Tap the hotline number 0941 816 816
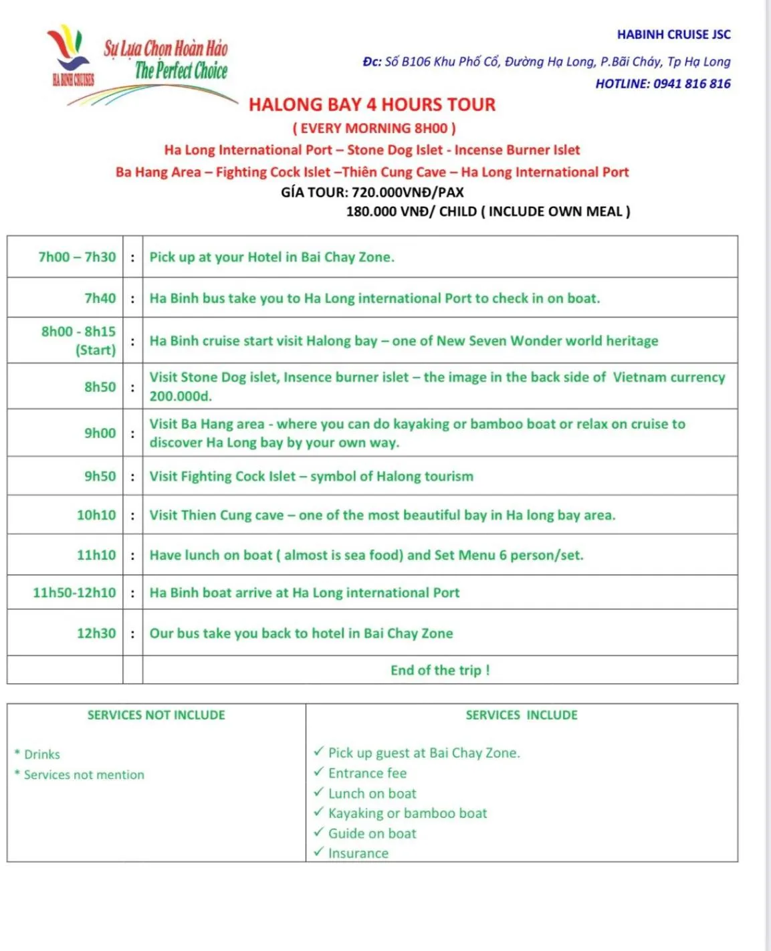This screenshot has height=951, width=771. (691, 84)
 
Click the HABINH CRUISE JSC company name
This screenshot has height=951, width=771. (673, 34)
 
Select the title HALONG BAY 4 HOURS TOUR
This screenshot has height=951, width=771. (372, 105)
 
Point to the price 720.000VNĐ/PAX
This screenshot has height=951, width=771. (407, 193)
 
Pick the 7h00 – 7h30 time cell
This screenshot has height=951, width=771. (77, 257)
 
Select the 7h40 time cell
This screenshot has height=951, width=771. (100, 298)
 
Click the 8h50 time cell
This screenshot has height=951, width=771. (100, 387)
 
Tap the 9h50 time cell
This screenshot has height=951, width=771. (100, 476)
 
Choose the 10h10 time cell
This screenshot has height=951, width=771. (96, 515)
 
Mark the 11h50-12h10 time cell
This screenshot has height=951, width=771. (74, 593)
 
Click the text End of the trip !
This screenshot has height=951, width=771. (440, 670)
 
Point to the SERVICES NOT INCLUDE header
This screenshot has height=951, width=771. (156, 715)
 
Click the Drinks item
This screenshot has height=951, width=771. (41, 754)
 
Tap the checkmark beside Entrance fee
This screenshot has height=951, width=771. (319, 772)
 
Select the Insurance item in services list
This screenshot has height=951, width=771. (358, 853)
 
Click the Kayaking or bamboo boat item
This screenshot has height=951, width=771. (407, 813)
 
